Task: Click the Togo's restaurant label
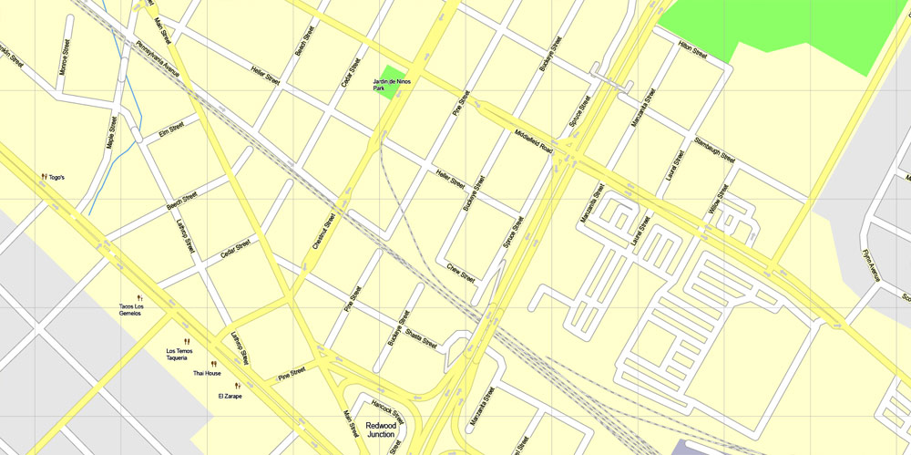[x=56, y=177]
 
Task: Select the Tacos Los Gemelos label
[x=130, y=309]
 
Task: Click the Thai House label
[x=207, y=373]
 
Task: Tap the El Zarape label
[x=230, y=397]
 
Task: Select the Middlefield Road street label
[x=533, y=140]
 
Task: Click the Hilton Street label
[x=692, y=51]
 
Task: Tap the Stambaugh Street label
[x=714, y=149]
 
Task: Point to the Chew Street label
[x=461, y=272]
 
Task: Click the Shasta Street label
[x=422, y=338]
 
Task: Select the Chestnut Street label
[x=324, y=233]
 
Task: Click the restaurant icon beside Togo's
[x=44, y=177]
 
